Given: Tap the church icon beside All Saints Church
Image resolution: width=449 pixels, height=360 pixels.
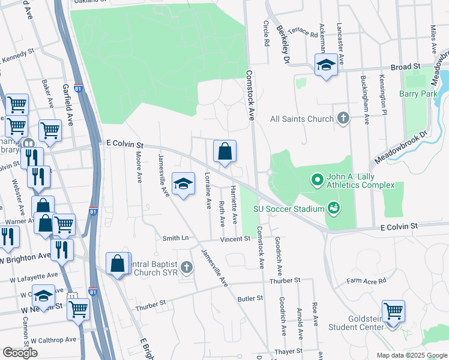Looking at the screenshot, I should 343,118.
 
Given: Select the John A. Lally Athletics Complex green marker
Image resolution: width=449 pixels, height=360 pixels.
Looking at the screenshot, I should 317,179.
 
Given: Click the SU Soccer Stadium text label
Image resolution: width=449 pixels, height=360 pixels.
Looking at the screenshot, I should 288,209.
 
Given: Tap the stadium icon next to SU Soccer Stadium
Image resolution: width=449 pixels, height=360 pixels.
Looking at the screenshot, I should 333,209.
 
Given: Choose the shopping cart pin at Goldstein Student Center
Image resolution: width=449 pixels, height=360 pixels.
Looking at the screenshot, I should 393,313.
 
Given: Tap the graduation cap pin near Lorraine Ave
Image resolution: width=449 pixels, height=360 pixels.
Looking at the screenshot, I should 184,184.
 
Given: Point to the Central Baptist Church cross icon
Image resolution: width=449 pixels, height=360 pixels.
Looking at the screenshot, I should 186,267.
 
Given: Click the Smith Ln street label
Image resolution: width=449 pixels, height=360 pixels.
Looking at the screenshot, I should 175,238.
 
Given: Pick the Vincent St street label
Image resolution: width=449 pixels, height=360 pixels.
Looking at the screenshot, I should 234,239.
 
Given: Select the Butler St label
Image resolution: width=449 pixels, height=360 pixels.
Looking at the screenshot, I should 250,298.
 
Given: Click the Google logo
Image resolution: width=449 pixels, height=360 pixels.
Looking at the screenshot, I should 19,352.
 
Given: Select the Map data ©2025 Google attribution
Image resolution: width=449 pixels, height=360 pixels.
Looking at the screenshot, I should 411,355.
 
